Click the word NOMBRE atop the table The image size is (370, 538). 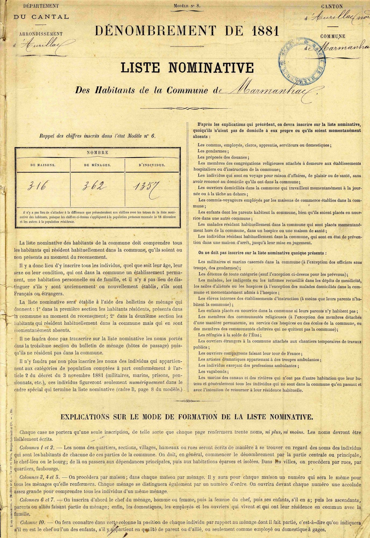(97, 152)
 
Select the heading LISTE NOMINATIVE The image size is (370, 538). (187, 68)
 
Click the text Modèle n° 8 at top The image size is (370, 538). (187, 5)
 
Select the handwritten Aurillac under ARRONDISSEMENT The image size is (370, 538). (47, 43)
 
